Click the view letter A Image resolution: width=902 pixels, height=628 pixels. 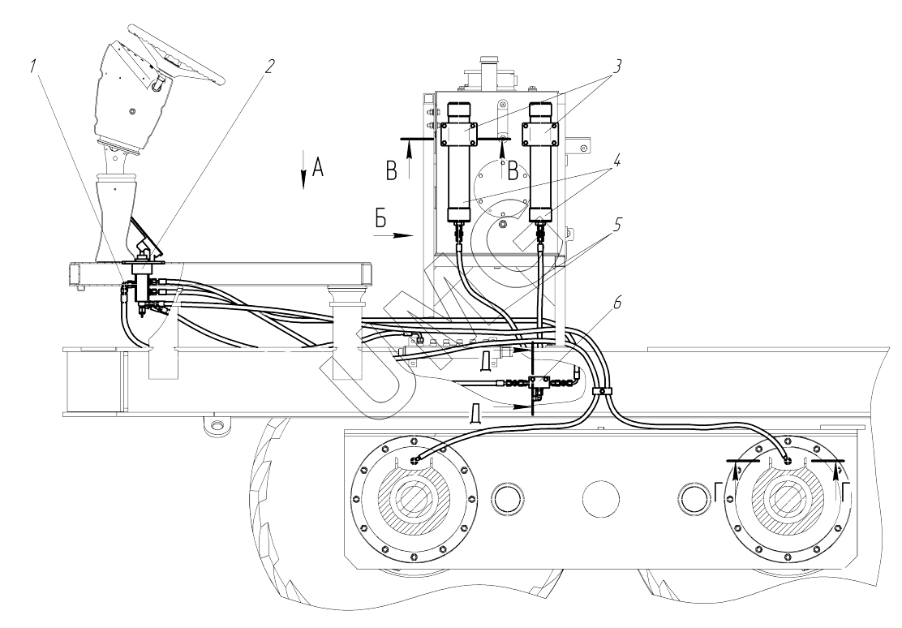pyautogui.click(x=318, y=167)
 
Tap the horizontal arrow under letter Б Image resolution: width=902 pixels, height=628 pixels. pyautogui.click(x=394, y=234)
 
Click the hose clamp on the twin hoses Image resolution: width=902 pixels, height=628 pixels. pyautogui.click(x=602, y=392)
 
